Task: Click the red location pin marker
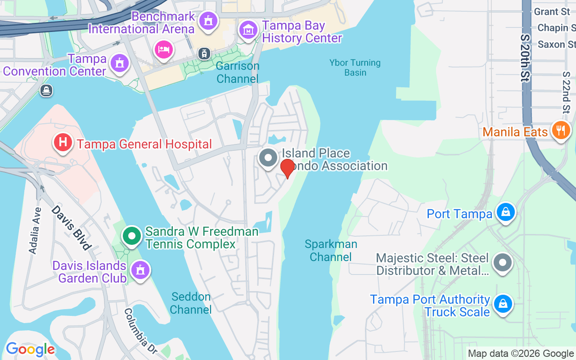(287, 167)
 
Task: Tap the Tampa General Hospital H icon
(63, 143)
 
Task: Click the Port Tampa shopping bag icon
(505, 212)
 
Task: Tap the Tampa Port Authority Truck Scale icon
(503, 304)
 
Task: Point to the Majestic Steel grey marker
(503, 262)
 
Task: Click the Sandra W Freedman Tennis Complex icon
(132, 236)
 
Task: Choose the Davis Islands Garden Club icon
(140, 270)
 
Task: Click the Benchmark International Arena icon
(208, 20)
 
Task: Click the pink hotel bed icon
(163, 49)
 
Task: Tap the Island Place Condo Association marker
(269, 158)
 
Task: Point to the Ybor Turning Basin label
(355, 67)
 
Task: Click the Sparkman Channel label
(331, 251)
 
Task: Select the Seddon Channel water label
(191, 303)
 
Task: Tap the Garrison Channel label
(238, 72)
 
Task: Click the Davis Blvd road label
(72, 227)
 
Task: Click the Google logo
(30, 349)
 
